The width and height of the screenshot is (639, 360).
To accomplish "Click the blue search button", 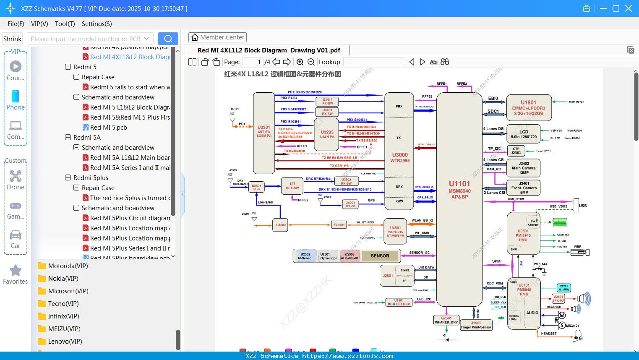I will pos(168,39).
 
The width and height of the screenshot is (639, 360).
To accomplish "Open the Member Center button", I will pos(217,37).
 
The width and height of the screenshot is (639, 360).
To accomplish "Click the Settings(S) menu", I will pos(97,24).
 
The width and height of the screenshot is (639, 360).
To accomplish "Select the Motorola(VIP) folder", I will pos(68,266).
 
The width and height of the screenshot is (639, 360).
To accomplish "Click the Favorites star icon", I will pos(16,271).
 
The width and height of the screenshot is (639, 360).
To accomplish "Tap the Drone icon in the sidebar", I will pos(16,176).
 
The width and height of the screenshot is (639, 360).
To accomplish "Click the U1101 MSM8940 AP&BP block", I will pos(459,190).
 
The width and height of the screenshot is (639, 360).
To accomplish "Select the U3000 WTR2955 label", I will pos(400,157).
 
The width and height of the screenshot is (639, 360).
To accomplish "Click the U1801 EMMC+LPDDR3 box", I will pos(529,108).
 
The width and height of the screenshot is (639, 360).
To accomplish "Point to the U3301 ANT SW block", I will pos(264,131).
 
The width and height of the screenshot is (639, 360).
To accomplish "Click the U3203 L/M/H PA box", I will pos(327,134).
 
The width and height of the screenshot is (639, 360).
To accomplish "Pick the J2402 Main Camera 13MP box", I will pos(524,168).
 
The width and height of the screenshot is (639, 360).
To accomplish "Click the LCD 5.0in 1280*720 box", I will pos(524,134).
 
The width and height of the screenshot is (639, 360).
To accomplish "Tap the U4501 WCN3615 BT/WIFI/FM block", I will pos(395,232).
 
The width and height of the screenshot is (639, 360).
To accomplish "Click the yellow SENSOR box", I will pos(380,256).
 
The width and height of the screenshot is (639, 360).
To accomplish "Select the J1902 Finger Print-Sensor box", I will pos(476,325).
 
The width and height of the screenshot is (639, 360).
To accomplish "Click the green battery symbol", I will pos(560,222).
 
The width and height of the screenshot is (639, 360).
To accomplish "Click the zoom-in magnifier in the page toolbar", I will pos(300,62).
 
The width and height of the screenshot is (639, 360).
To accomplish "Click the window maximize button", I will pos(616,8).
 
